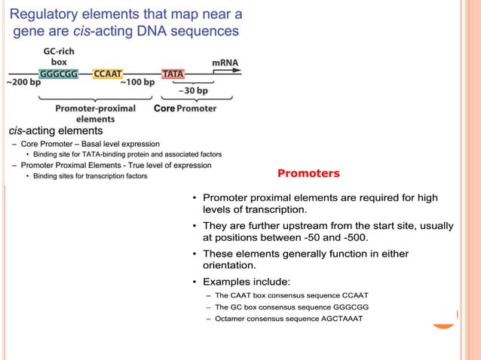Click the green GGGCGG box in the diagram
[x=63, y=74]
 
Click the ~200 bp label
[x=24, y=82]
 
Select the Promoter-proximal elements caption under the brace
[x=96, y=114]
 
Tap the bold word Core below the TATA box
[x=164, y=108]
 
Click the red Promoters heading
[x=308, y=173]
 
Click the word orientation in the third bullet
[x=232, y=265]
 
